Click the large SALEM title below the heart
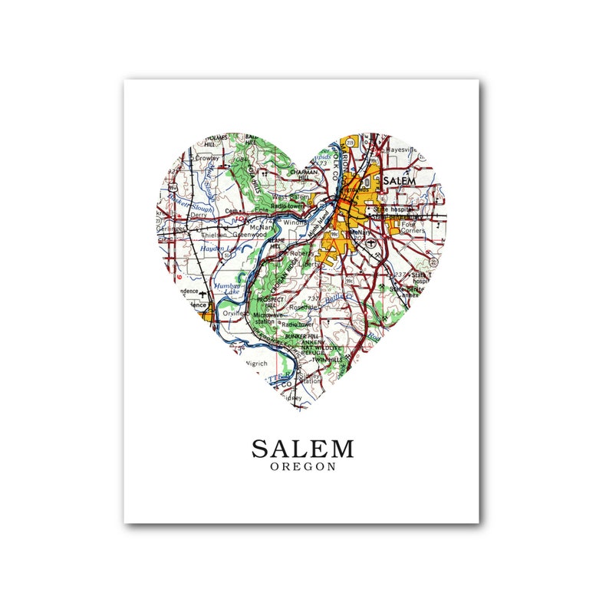click(302, 449)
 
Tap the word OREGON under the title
click(302, 467)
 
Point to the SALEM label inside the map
click(399, 181)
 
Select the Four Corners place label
click(412, 228)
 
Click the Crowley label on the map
click(207, 158)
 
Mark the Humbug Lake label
click(228, 288)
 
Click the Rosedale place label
click(304, 307)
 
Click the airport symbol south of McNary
click(371, 242)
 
